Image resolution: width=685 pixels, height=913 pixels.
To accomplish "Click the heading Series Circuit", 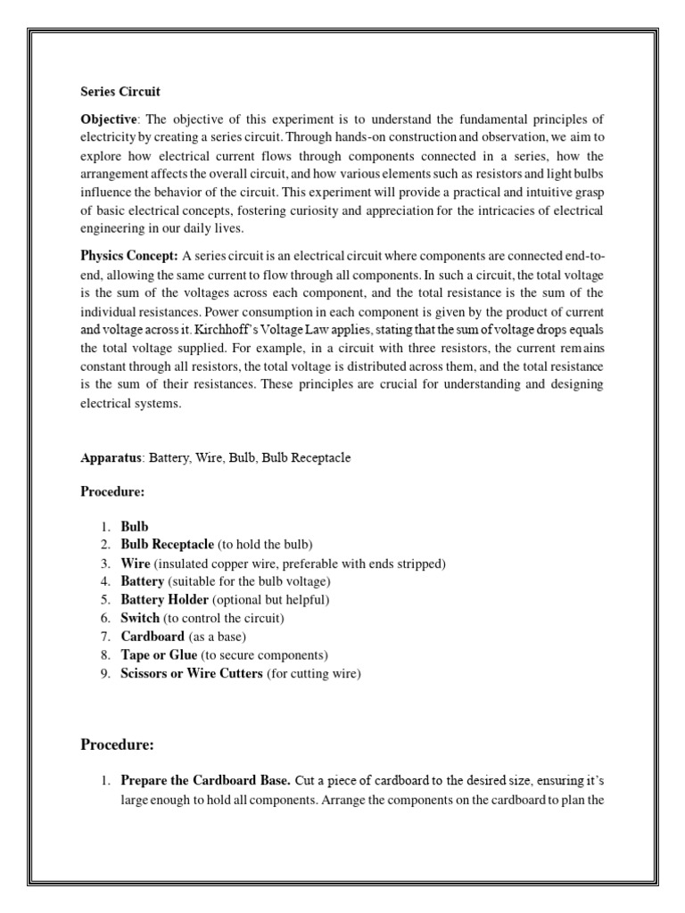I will [120, 92].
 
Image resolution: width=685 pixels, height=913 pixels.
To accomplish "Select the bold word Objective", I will [109, 119].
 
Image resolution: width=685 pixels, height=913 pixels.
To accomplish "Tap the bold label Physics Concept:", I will [129, 257].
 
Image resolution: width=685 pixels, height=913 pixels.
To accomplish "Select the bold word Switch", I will [140, 617].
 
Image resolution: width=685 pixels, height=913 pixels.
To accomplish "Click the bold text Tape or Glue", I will [159, 655].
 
